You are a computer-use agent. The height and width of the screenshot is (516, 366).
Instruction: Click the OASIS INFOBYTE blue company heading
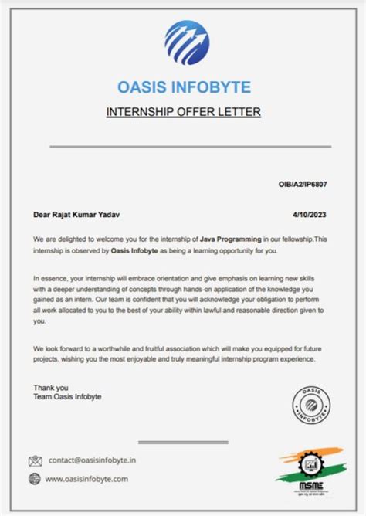(x=184, y=86)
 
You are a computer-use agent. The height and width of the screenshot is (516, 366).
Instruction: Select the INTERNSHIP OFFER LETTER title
(x=183, y=112)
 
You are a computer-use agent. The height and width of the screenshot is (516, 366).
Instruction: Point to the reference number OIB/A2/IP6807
(x=304, y=185)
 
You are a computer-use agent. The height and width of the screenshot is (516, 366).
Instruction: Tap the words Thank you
(x=51, y=387)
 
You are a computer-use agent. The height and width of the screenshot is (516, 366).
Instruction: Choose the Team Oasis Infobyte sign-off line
(x=67, y=396)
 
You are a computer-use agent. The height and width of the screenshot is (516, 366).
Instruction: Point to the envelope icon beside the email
(x=35, y=461)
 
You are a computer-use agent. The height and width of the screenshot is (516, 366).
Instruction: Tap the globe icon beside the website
(x=35, y=479)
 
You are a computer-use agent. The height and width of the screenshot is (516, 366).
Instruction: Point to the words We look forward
(x=65, y=348)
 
